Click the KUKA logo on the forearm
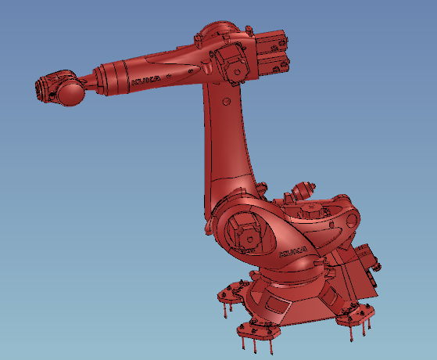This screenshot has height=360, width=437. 146,80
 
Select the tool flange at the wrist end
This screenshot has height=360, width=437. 45,85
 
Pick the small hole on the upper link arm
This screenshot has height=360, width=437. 226,102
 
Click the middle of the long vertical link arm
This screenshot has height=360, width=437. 227,149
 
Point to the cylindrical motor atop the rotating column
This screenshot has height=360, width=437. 303,189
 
